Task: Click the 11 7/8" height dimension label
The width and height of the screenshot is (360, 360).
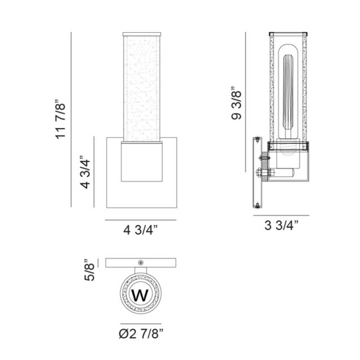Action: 60,120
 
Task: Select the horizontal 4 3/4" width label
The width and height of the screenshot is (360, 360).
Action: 141,230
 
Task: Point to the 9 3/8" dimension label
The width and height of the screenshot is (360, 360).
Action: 237,103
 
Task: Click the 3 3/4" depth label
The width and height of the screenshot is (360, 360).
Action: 282,225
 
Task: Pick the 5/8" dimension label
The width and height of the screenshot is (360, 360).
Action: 89,270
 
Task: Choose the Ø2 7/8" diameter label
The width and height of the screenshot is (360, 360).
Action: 141,334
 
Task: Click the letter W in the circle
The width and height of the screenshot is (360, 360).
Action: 140,295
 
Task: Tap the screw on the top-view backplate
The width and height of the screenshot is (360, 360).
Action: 140,263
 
